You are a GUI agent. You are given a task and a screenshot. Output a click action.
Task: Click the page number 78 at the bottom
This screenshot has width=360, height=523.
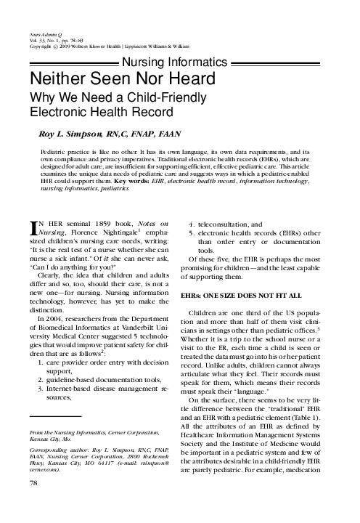point(33,503)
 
